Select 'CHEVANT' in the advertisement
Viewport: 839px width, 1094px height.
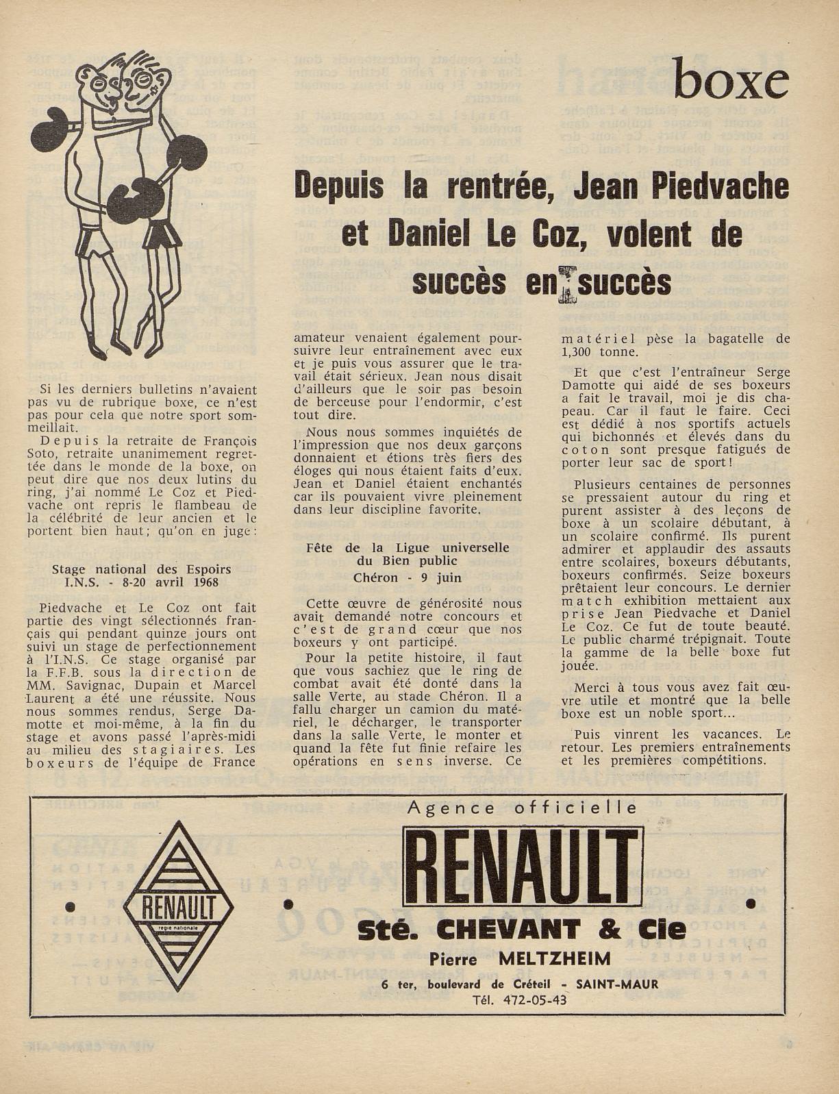click(x=521, y=930)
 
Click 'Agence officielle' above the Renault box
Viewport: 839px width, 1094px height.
click(x=522, y=808)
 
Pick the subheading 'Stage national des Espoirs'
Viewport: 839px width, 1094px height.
click(x=142, y=569)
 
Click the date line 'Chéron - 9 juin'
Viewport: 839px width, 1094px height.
click(x=408, y=577)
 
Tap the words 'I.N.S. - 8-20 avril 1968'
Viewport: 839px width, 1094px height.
click(x=142, y=582)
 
